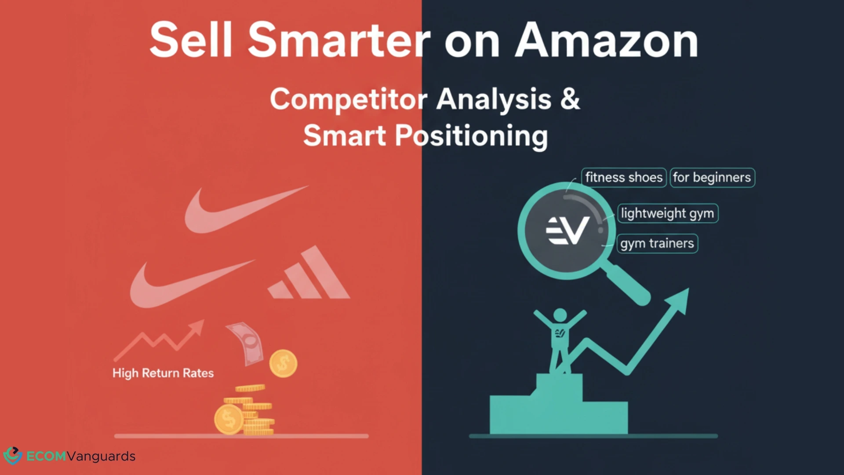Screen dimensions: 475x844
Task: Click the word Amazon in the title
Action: click(x=607, y=40)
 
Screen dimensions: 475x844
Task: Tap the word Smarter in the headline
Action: click(x=338, y=40)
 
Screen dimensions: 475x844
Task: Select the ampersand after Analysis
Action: click(x=570, y=99)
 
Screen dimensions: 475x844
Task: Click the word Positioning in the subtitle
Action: click(x=471, y=135)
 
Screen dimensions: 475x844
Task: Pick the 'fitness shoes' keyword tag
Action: click(x=623, y=177)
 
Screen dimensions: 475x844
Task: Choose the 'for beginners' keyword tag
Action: click(x=712, y=177)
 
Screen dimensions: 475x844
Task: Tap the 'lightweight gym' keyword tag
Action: click(x=667, y=213)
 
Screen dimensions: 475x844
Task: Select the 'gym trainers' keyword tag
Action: click(x=657, y=243)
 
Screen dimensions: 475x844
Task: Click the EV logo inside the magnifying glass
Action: click(x=567, y=230)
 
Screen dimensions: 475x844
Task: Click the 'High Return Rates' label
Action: click(x=163, y=373)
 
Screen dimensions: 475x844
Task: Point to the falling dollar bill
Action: click(x=245, y=343)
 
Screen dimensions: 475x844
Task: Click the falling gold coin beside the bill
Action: click(x=283, y=363)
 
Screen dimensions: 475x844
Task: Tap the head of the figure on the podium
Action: click(x=560, y=315)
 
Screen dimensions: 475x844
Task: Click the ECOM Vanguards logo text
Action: click(x=81, y=456)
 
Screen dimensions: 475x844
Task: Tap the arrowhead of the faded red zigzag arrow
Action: click(x=198, y=326)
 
